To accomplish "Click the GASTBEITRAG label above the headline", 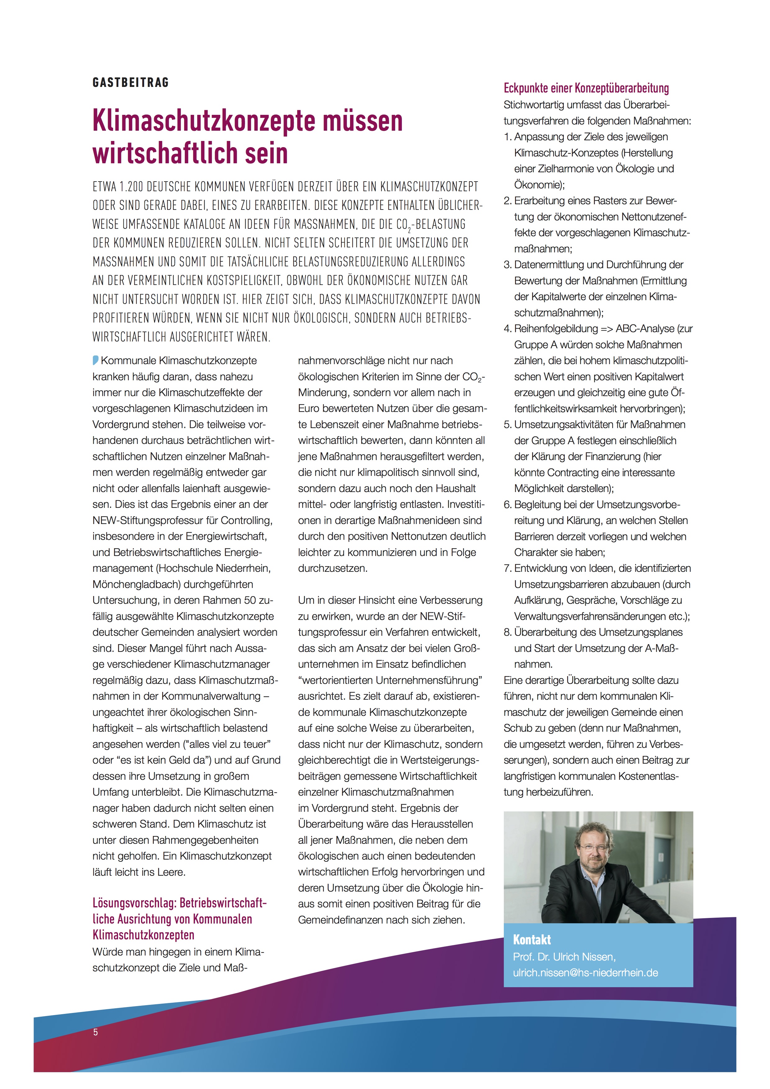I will click(x=130, y=83).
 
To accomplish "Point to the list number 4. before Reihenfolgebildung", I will click(x=508, y=329).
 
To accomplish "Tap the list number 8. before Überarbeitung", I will click(x=508, y=632).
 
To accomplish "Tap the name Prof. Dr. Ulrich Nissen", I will click(x=564, y=957).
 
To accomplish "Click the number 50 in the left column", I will click(x=250, y=600).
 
